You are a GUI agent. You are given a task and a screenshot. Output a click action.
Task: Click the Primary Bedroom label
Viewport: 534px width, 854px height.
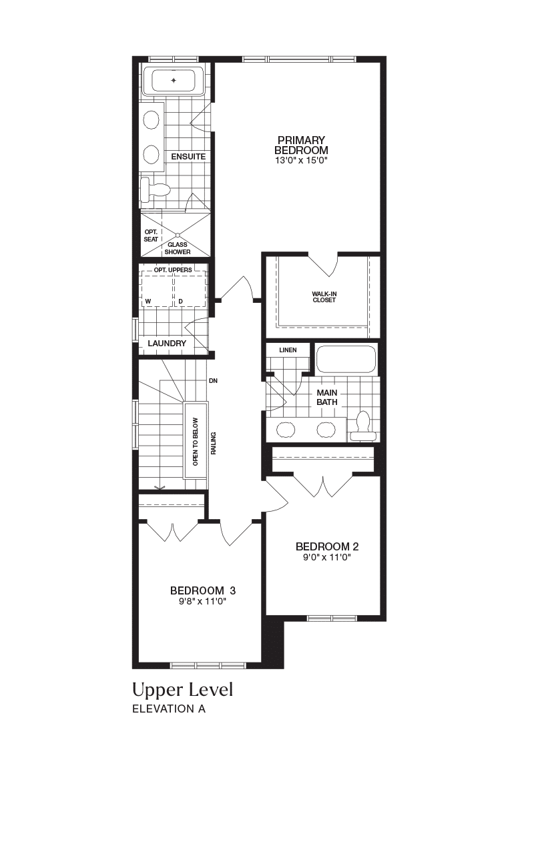301,145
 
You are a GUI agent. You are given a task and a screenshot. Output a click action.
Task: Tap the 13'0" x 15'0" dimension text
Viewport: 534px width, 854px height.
301,161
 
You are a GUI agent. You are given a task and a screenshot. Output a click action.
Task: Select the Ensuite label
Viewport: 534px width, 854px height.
188,157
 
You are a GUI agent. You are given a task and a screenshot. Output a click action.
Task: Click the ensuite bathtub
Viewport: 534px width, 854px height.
174,81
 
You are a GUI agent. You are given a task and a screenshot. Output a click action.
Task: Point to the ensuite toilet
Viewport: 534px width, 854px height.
154,190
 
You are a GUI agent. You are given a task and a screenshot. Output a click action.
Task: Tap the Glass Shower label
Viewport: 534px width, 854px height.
178,248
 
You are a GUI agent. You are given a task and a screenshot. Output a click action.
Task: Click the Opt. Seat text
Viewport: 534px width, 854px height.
151,236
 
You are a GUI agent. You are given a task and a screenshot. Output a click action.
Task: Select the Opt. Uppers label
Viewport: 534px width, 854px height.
173,270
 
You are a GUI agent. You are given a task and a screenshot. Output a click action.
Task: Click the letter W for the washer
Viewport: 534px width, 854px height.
148,301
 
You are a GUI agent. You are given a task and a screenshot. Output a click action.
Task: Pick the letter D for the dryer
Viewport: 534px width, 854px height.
181,301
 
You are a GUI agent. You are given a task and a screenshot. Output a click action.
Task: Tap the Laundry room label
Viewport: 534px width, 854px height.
167,343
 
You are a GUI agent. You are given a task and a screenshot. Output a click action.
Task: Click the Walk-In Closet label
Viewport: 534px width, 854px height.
324,297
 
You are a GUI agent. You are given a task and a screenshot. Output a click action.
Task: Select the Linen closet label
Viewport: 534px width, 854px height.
288,350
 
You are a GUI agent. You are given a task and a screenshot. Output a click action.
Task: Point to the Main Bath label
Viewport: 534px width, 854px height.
327,397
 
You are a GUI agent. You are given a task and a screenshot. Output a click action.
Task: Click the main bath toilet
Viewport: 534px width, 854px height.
362,426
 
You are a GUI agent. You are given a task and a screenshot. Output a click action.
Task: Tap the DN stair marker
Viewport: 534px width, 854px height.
213,381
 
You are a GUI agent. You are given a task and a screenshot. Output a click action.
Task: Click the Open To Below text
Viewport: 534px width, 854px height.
196,442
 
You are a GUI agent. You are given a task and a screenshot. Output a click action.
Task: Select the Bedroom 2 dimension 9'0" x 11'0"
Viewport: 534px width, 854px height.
327,558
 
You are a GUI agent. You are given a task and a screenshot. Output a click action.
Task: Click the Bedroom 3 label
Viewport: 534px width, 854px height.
203,590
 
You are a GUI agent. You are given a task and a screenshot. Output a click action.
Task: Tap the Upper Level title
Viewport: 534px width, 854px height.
182,690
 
